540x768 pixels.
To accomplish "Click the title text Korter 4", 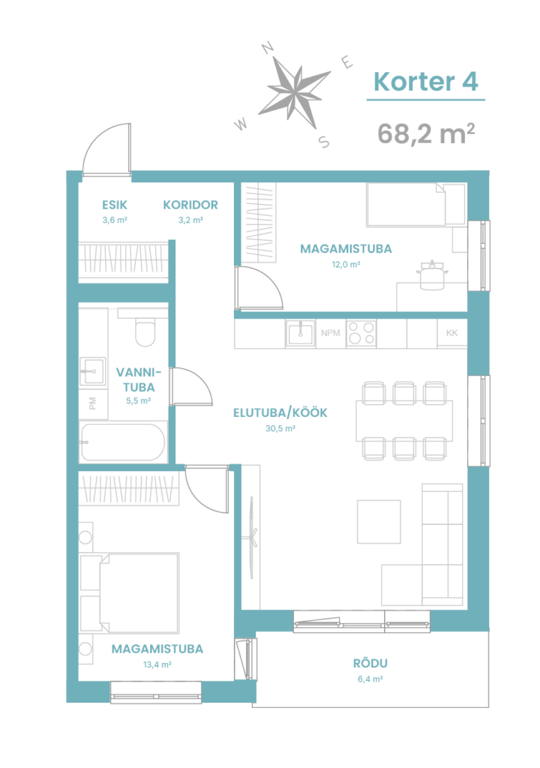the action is tap(425, 82).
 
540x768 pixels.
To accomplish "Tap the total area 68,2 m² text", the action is tap(426, 133).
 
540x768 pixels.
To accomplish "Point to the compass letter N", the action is tap(267, 47).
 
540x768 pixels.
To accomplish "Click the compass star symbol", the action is tap(294, 91).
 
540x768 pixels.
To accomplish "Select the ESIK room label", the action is tap(115, 205).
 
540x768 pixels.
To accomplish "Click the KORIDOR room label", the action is tap(190, 205).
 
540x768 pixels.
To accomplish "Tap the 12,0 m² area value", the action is tap(346, 265).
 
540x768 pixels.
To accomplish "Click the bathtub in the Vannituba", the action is tap(123, 442).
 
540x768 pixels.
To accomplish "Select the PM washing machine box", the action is tap(93, 403).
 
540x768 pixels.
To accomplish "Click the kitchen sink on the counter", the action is tap(301, 334).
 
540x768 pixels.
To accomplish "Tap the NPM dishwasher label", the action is tap(330, 333).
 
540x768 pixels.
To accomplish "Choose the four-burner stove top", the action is tap(361, 334).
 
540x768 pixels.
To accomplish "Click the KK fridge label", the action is tap(451, 333).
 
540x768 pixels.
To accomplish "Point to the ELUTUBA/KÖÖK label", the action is tap(280, 413).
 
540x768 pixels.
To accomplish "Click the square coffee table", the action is tap(379, 522).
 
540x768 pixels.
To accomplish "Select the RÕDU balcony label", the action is tap(370, 664).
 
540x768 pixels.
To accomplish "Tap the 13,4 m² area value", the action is tap(157, 664).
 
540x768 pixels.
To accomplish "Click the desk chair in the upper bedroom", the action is tap(432, 274).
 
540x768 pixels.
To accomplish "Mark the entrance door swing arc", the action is tap(92, 139).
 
